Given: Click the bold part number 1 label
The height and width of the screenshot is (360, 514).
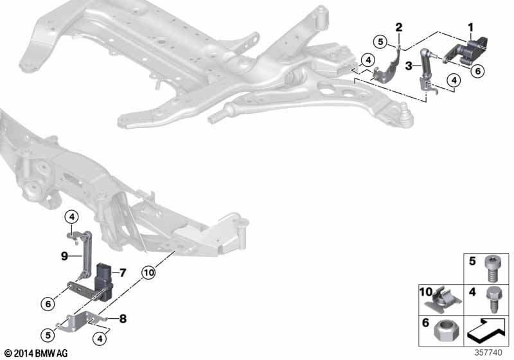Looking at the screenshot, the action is pyautogui.click(x=471, y=28).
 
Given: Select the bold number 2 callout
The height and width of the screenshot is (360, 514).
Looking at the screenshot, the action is pyautogui.click(x=398, y=27).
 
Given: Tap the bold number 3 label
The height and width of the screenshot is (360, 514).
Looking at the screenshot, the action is pyautogui.click(x=409, y=66).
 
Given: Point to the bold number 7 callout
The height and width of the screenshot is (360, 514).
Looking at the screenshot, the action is pyautogui.click(x=122, y=273).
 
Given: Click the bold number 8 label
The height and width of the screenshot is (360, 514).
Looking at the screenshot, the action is pyautogui.click(x=123, y=318).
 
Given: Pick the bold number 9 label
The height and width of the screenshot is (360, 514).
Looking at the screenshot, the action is pyautogui.click(x=65, y=256).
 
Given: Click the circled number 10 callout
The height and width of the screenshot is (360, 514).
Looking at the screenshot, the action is pyautogui.click(x=149, y=273).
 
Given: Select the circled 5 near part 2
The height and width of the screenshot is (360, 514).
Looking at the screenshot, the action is pyautogui.click(x=380, y=42).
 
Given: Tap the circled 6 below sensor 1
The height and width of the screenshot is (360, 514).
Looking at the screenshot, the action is pyautogui.click(x=477, y=71).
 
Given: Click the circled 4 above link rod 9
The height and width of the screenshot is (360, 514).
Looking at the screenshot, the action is pyautogui.click(x=72, y=217).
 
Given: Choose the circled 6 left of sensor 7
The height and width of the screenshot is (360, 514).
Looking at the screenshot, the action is pyautogui.click(x=48, y=304).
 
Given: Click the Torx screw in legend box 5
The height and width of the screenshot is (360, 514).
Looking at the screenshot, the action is pyautogui.click(x=492, y=269).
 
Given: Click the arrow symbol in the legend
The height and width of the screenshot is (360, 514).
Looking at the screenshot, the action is pyautogui.click(x=486, y=330).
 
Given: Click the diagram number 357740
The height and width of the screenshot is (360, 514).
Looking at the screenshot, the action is pyautogui.click(x=488, y=352).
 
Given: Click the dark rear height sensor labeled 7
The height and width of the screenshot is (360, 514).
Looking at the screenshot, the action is pyautogui.click(x=103, y=282).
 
